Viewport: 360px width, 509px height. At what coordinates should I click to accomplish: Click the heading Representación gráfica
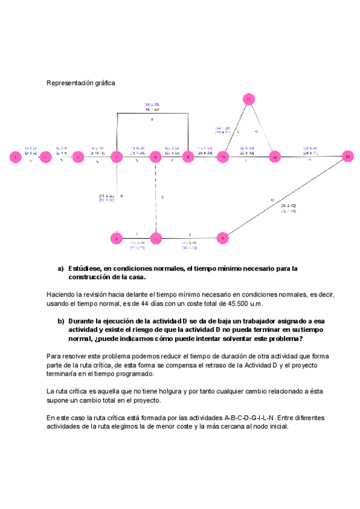pos(80,83)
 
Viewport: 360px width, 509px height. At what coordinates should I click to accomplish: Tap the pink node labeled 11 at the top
pos(249,99)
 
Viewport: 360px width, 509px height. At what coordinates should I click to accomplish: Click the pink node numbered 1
pos(15,157)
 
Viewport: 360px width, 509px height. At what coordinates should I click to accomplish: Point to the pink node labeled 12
pos(275,157)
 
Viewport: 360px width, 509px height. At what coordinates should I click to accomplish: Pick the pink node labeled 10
pos(223,157)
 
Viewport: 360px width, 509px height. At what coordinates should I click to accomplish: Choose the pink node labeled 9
pos(223,238)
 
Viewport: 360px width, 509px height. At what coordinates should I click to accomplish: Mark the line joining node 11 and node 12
pos(262,129)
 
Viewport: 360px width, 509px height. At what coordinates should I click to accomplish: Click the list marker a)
pos(61,268)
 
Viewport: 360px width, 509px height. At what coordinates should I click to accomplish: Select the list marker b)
pos(61,321)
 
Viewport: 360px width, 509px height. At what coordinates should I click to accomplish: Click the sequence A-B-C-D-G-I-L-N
pos(238,417)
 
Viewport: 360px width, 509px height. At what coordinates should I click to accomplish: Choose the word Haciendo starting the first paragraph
pos(60,295)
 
